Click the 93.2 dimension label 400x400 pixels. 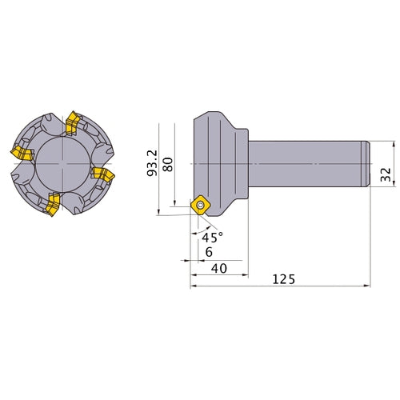click(x=152, y=163)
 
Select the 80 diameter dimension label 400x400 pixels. click(x=168, y=165)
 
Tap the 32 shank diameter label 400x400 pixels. click(x=386, y=174)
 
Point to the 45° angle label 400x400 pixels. click(x=212, y=237)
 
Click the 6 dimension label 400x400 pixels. click(x=209, y=252)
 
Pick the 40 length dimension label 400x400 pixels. click(x=219, y=268)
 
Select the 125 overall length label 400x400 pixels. click(x=284, y=279)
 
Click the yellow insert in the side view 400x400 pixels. click(x=200, y=205)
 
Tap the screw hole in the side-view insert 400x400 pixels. click(x=200, y=205)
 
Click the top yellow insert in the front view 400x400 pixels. click(x=72, y=122)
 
